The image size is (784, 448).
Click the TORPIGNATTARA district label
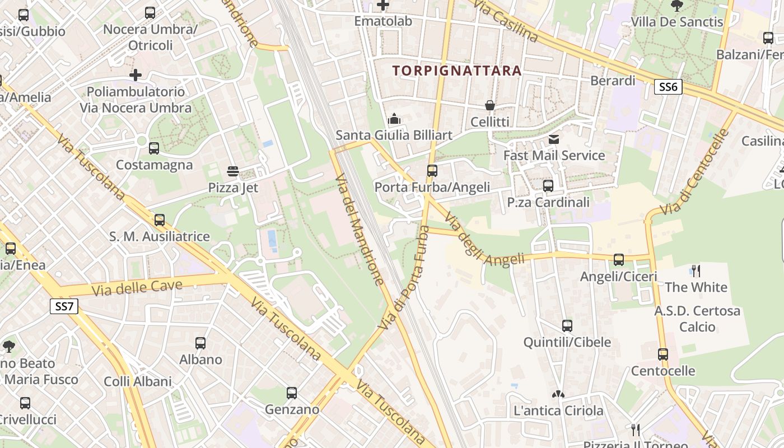(x=457, y=71)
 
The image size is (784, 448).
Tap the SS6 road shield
(x=668, y=86)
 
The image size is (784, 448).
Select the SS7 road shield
(x=64, y=306)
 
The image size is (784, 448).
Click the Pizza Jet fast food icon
(x=233, y=171)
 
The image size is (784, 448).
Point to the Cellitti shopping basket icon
(x=489, y=105)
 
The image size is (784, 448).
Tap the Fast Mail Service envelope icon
(x=554, y=139)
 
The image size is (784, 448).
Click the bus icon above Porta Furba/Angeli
(x=432, y=171)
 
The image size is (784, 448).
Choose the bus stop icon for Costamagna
(x=154, y=148)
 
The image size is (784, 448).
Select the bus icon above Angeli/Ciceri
(x=618, y=260)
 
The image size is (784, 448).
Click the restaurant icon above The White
(x=696, y=271)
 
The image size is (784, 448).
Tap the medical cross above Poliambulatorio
(x=135, y=74)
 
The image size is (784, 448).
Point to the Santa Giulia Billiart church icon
(x=394, y=119)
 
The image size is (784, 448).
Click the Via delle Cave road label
(x=137, y=288)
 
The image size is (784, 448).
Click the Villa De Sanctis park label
(x=677, y=22)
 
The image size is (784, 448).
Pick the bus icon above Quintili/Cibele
(x=567, y=326)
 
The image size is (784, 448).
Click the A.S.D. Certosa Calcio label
(x=697, y=318)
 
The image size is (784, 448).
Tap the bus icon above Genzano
(x=292, y=393)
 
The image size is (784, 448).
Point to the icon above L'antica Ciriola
(x=558, y=394)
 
